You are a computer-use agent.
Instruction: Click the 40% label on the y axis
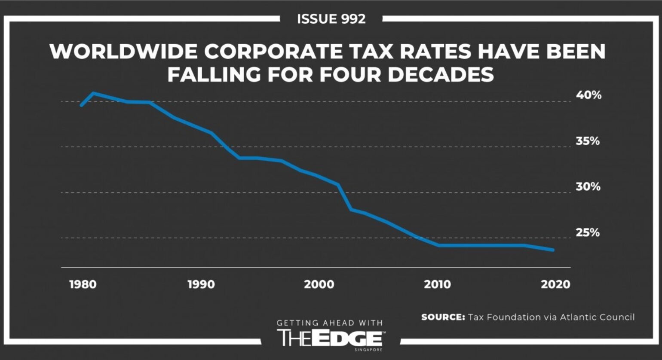tap(588, 95)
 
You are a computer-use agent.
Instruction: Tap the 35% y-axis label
tap(588, 141)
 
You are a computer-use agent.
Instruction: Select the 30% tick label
tap(588, 187)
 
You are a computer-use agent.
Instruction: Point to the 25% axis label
tap(588, 232)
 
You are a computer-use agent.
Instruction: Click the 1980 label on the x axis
tap(83, 284)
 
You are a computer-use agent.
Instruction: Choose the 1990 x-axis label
tap(201, 284)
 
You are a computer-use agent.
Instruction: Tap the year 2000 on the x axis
tap(319, 284)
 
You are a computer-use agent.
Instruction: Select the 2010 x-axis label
tap(438, 284)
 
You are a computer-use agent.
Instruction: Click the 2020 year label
tap(555, 284)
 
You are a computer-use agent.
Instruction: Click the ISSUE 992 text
tap(331, 19)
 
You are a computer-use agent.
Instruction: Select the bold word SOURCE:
tap(443, 317)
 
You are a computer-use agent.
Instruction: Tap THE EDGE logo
tap(331, 338)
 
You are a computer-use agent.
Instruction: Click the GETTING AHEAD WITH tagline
tap(329, 323)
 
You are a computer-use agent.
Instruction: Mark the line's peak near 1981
tap(94, 93)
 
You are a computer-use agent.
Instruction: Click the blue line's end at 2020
tap(552, 250)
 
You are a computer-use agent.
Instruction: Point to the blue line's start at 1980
tap(82, 105)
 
